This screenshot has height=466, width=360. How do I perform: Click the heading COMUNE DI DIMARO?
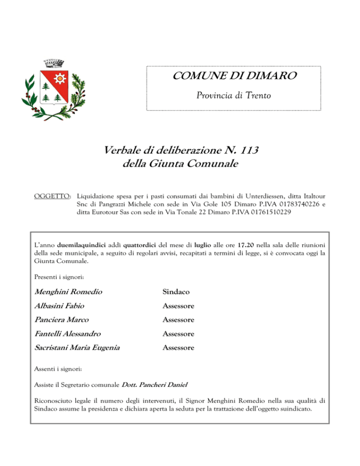pos(233,76)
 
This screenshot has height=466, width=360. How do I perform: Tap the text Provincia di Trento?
pos(233,96)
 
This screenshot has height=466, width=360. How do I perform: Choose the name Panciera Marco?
pos(62,320)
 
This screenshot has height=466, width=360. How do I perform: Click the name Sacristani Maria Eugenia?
pos(77,348)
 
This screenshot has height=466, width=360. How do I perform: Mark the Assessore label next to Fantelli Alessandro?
pos(179,334)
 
